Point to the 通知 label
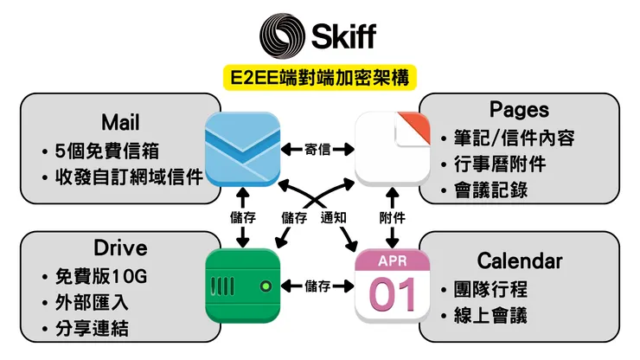click(x=334, y=218)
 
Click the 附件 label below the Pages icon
click(x=394, y=218)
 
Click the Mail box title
click(x=119, y=122)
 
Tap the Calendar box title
click(x=519, y=260)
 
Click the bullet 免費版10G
click(x=100, y=278)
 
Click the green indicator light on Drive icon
click(x=266, y=286)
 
